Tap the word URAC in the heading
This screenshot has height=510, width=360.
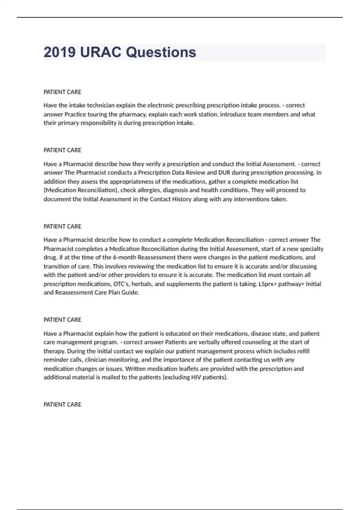pyautogui.click(x=101, y=52)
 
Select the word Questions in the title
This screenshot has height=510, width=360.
pyautogui.click(x=161, y=52)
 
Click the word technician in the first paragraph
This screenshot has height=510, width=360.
pyautogui.click(x=101, y=105)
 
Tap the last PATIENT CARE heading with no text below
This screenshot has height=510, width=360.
pyautogui.click(x=62, y=404)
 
